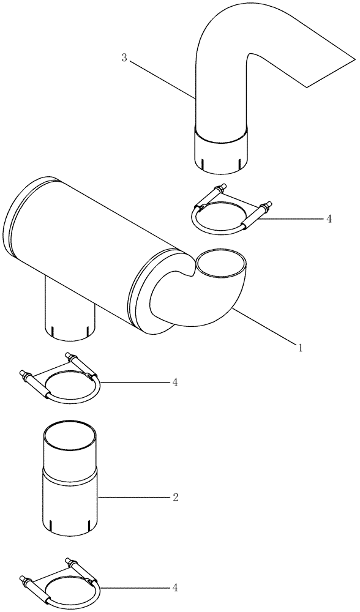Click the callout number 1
[301, 347]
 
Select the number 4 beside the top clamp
[329, 218]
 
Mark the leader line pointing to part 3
[162, 77]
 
